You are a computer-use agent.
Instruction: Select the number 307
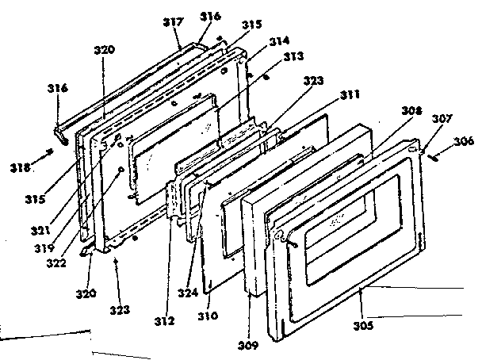point(442,118)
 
